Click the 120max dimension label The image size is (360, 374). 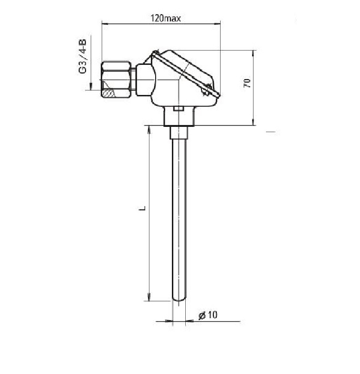pyautogui.click(x=165, y=18)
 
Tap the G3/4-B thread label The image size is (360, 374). pyautogui.click(x=83, y=56)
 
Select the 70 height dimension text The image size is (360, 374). pyautogui.click(x=247, y=83)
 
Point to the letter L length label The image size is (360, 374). pyautogui.click(x=142, y=208)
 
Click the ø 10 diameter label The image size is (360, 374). pyautogui.click(x=208, y=315)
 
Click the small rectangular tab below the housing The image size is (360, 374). pyautogui.click(x=179, y=109)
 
